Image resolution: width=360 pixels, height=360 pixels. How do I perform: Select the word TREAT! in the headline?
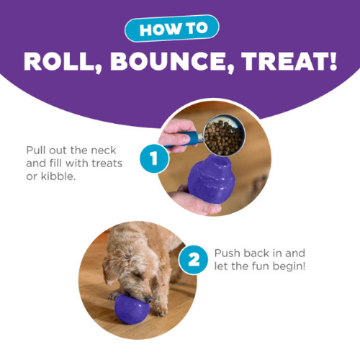(289, 61)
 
